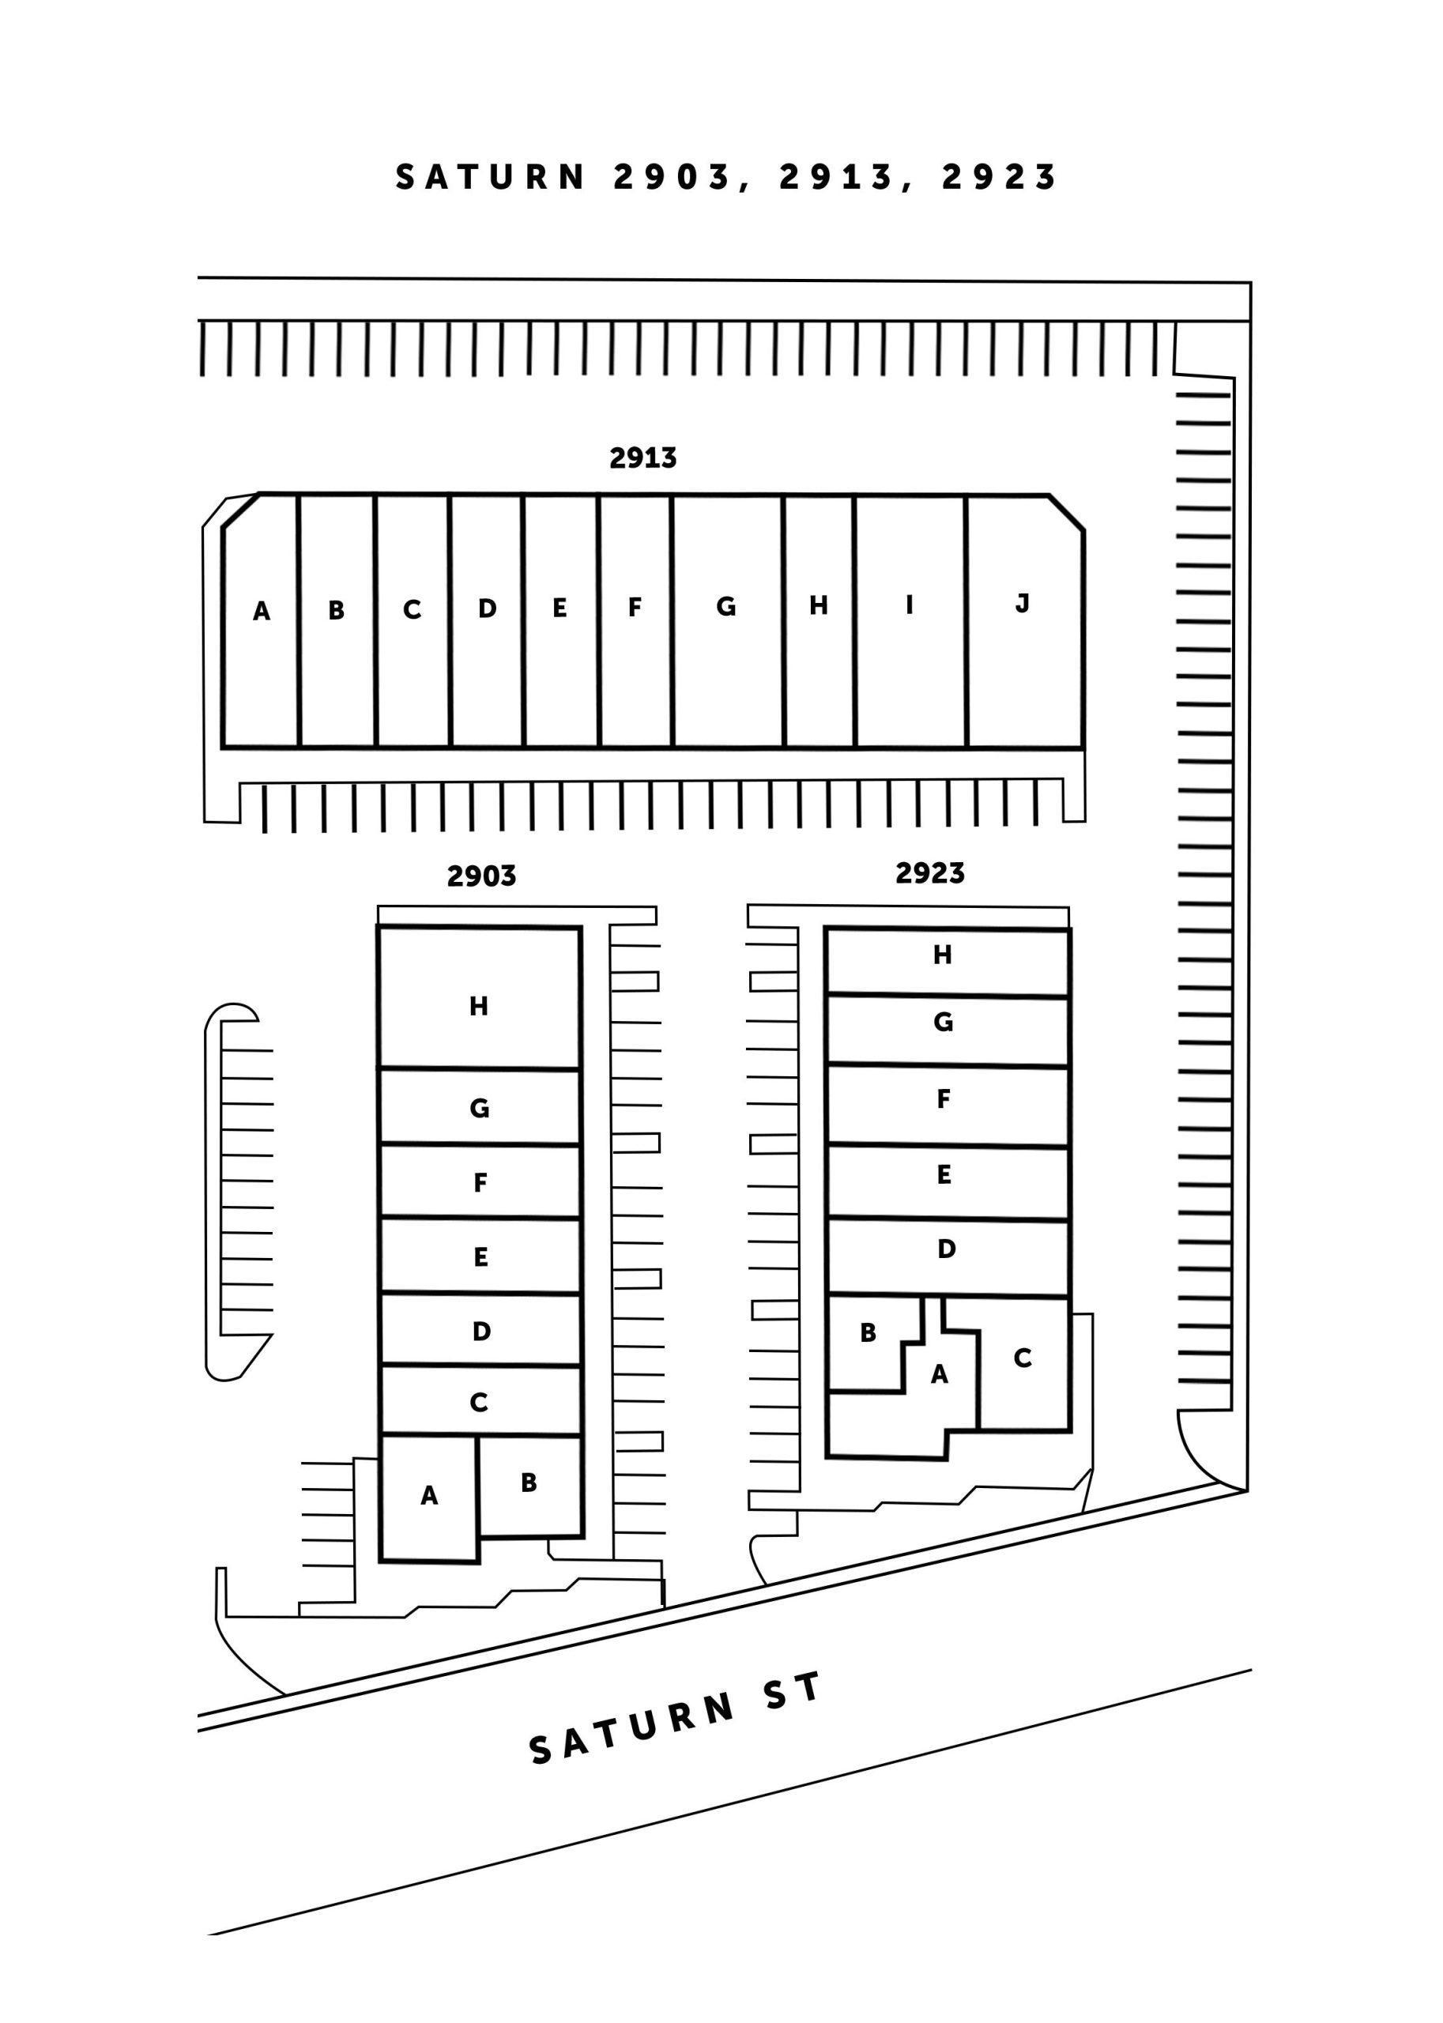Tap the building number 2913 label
point(642,458)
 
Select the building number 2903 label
point(481,876)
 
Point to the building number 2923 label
point(929,872)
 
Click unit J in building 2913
point(1024,622)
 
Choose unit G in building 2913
point(728,621)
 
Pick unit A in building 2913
point(260,621)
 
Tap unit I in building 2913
point(910,622)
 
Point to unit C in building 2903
point(480,1400)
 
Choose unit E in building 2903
point(480,1256)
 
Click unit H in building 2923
point(948,963)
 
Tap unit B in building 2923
point(872,1343)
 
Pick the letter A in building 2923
point(939,1374)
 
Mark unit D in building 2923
point(948,1257)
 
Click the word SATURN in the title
point(491,177)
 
